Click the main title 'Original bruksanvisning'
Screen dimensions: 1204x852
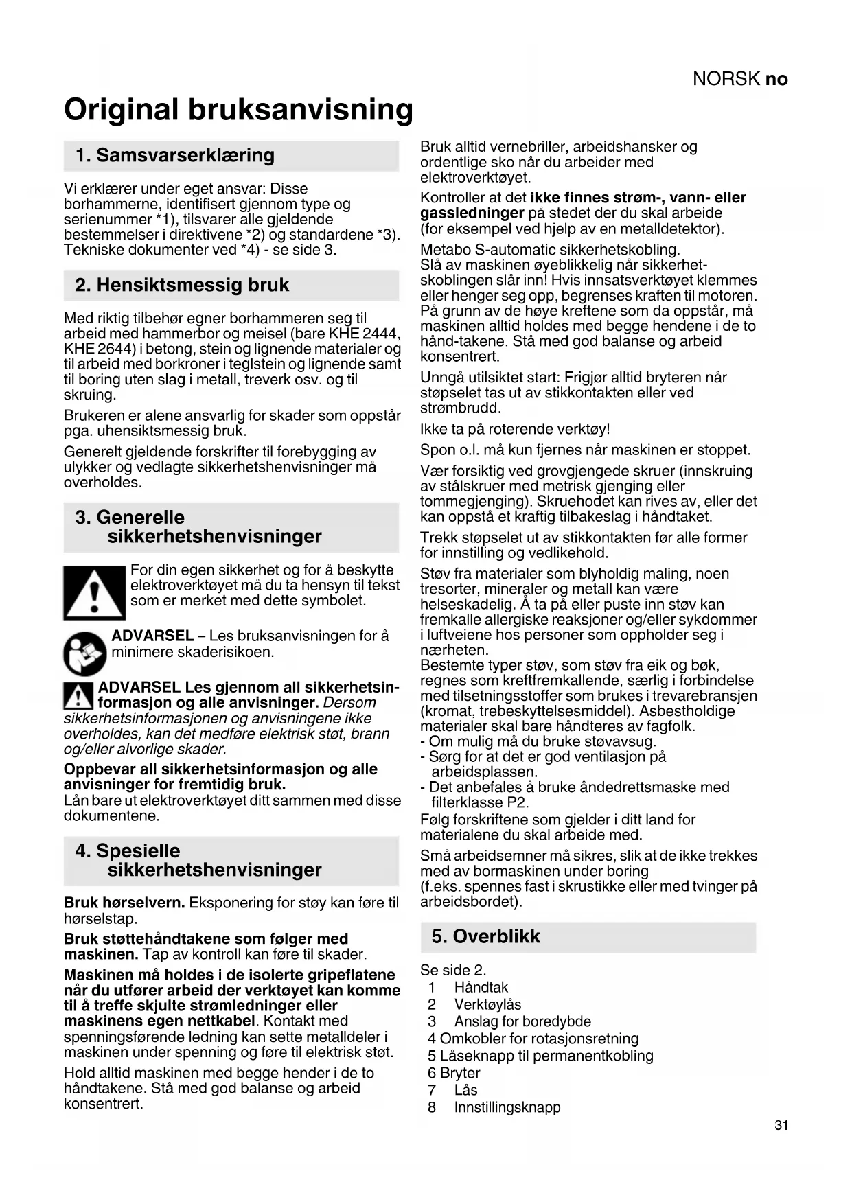coord(238,110)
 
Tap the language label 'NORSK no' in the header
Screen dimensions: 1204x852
coord(740,80)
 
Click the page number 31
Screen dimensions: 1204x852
coord(781,1125)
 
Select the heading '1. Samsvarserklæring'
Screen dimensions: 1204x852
coord(175,156)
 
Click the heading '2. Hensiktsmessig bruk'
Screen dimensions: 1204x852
coord(182,286)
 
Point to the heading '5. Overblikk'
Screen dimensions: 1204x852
coord(485,937)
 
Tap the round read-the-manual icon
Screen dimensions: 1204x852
coord(84,653)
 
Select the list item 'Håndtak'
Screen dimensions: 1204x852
coord(481,988)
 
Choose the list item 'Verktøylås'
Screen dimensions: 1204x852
coord(487,1005)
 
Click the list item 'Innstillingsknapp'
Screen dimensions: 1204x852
coord(507,1107)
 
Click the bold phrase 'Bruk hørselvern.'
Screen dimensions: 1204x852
coord(124,903)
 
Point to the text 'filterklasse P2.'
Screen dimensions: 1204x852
coord(480,802)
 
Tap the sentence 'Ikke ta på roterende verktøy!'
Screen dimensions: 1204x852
coord(515,430)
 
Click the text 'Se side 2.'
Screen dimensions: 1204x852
coord(453,971)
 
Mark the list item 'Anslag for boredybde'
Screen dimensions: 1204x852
coord(522,1022)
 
